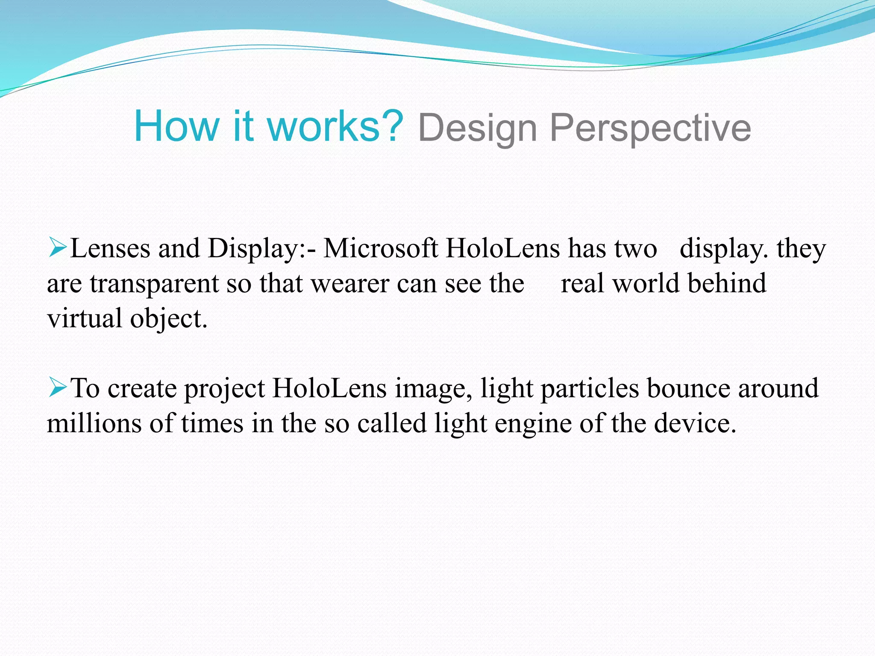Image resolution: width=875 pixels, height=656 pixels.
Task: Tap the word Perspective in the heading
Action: coord(650,128)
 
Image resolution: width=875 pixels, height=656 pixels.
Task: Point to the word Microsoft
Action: coord(381,248)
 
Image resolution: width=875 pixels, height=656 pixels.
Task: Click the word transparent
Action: coord(153,284)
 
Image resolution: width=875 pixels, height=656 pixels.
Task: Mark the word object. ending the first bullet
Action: coord(169,319)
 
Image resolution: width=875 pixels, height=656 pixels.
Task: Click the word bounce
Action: coord(688,389)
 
